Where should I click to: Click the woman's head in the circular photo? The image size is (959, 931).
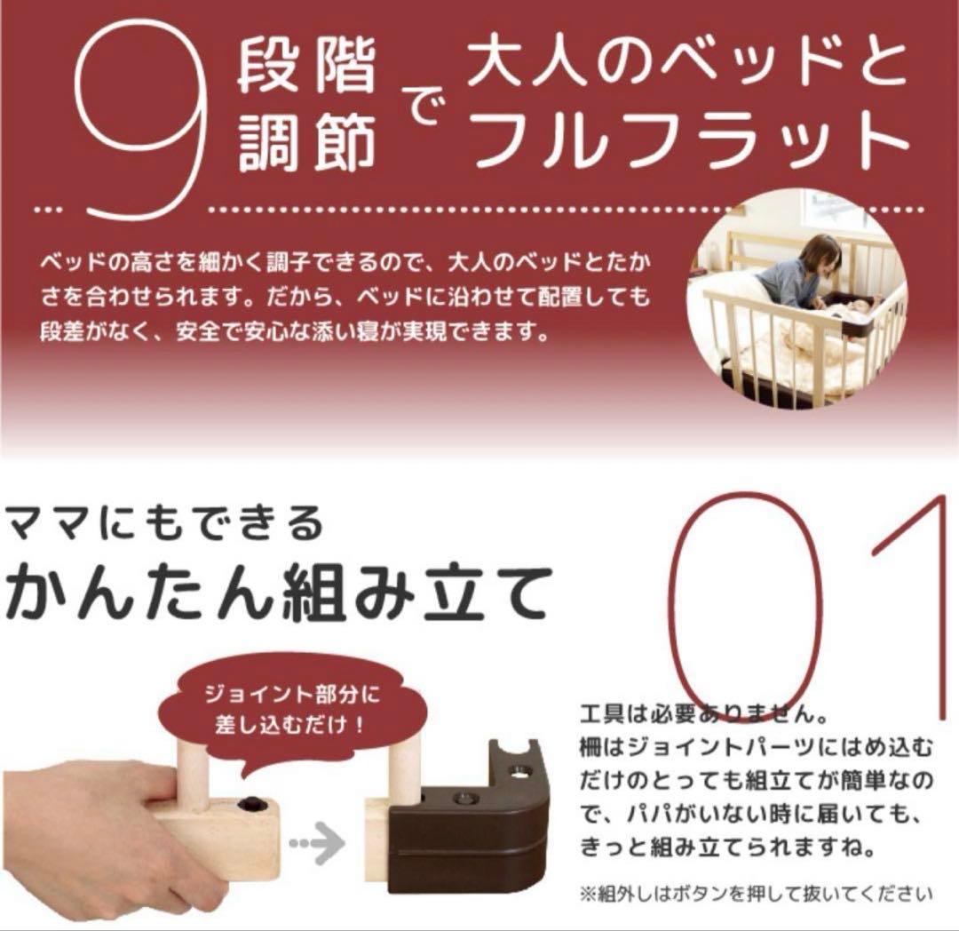coord(818,255)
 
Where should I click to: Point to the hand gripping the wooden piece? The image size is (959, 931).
coord(98,844)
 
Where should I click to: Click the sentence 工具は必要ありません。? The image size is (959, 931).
coord(701,713)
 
